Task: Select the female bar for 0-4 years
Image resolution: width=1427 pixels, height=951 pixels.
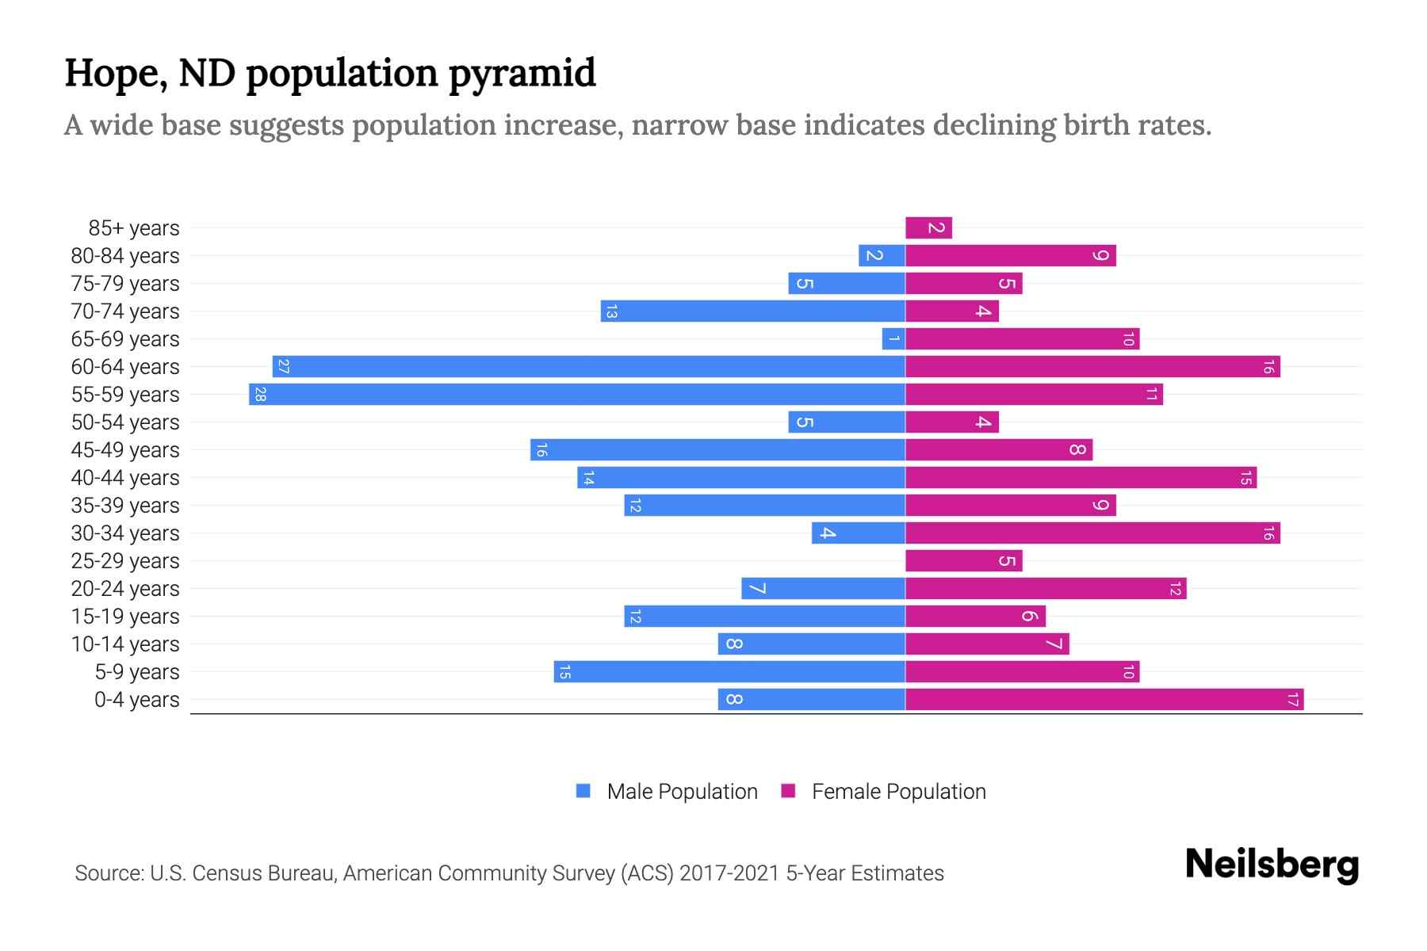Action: coord(1104,700)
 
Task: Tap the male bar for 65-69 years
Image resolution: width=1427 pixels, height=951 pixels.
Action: coord(893,339)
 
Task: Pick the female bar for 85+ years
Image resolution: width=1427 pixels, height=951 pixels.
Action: coord(928,228)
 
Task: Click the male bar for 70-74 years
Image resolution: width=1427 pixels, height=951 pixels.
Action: coord(753,311)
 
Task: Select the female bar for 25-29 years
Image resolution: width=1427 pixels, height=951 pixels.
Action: coord(963,561)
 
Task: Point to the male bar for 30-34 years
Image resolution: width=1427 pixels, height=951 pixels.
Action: coord(859,533)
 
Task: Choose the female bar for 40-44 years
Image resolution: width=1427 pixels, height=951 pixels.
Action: coord(1081,478)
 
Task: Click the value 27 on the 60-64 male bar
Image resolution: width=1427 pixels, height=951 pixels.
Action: coord(284,367)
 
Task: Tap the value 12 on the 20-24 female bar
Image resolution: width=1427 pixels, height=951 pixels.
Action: coord(1175,589)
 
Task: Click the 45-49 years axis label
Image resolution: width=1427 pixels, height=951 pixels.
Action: coord(125,450)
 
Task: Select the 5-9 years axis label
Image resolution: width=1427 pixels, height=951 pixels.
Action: coord(137,672)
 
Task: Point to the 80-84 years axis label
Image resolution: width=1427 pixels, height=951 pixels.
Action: coord(125,256)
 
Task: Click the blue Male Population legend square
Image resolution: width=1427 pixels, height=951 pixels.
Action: coord(583,791)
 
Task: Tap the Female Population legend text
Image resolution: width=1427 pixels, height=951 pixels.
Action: coord(898,792)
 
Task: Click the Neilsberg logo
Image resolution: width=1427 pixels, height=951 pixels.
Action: coord(1272,865)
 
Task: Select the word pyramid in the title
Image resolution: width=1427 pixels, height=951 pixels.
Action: coord(522,73)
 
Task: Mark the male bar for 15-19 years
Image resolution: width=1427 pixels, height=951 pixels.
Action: coord(764,617)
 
